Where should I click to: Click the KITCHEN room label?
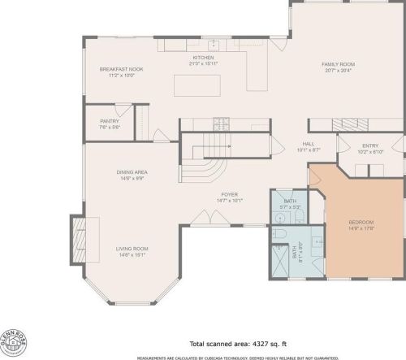(202, 57)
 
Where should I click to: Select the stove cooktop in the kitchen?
(220, 124)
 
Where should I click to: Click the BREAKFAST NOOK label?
(121, 70)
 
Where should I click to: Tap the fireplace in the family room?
(352, 124)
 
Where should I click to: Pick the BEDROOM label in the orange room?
(361, 222)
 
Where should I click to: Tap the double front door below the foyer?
(207, 219)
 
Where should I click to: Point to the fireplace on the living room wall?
(78, 240)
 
